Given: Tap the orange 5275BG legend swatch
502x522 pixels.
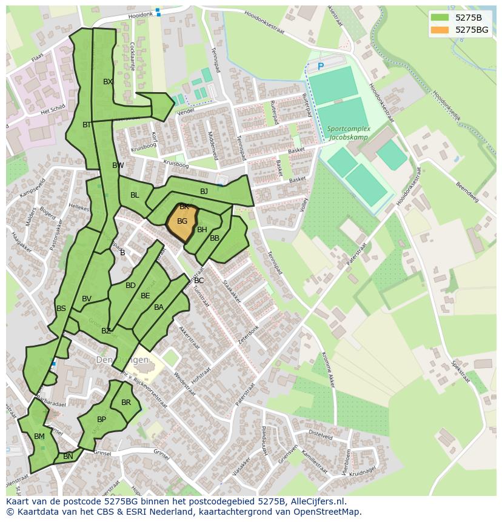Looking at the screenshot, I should [x=440, y=30].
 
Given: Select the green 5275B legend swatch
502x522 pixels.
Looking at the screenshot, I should [x=440, y=17].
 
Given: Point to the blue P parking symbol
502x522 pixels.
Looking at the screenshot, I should [x=321, y=65].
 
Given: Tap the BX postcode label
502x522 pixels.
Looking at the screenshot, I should [x=108, y=82].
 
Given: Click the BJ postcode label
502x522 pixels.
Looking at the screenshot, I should [x=204, y=192].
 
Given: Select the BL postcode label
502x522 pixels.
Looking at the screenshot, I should [x=135, y=195].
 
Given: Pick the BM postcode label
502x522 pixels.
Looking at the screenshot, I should [x=39, y=437].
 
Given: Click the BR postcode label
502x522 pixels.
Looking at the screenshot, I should [x=126, y=403].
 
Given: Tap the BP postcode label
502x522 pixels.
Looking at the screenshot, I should [x=101, y=420].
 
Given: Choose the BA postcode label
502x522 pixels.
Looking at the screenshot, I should [x=159, y=307].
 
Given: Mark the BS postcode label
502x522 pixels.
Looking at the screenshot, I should [x=61, y=309].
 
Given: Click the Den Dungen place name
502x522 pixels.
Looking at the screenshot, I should [x=122, y=360].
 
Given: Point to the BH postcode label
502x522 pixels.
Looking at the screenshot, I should [x=202, y=230].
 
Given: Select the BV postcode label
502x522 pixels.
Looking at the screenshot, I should [x=87, y=299].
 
